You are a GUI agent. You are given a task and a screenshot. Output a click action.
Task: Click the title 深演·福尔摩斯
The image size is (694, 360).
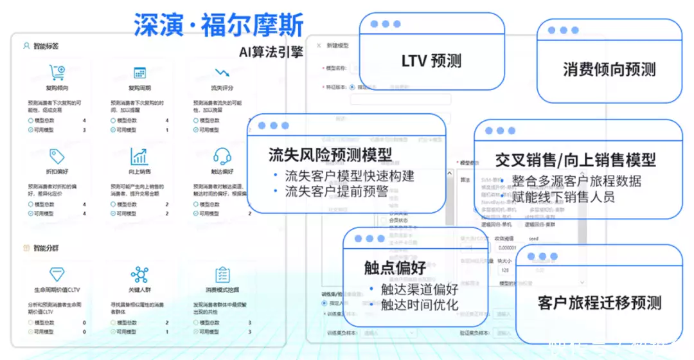coord(218,24)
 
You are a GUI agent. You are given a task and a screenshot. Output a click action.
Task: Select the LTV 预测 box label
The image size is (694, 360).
coord(431,61)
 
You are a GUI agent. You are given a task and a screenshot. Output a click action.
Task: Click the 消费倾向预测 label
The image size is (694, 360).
coord(609,69)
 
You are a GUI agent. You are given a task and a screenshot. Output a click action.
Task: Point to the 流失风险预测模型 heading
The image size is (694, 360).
coord(330,155)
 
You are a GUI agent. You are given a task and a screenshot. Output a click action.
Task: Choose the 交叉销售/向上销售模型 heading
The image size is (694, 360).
coord(576,159)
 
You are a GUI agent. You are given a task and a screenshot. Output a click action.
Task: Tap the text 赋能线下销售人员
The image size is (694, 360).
coord(564,197)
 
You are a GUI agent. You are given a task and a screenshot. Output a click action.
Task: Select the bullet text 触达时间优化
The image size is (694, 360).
coord(420,304)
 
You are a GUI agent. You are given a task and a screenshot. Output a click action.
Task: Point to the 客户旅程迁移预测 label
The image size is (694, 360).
coord(600,302)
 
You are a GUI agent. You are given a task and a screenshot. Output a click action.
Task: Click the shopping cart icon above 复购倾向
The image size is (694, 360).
coord(57,72)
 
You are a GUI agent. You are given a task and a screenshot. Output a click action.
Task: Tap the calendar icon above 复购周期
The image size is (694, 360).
coord(139,73)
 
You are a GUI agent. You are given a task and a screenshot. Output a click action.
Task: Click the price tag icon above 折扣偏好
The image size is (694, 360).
coord(57,156)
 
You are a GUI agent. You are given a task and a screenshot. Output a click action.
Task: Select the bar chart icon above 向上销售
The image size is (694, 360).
coord(139,156)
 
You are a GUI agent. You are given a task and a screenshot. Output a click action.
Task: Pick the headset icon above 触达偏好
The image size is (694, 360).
coord(222,156)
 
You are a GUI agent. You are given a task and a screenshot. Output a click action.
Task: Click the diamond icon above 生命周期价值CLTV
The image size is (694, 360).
coord(57,274)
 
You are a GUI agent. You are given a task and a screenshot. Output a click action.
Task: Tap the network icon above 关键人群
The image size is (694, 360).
coord(139,274)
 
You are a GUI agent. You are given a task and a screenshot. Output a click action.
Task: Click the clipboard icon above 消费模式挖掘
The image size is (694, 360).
coord(222,274)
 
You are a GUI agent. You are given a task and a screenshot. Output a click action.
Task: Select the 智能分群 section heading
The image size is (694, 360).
coord(46,248)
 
